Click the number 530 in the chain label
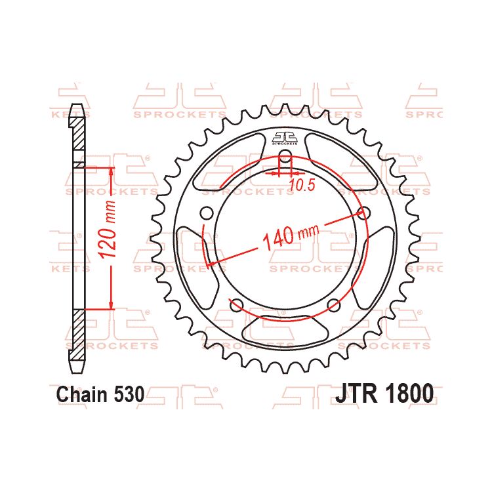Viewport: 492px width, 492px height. click(x=127, y=394)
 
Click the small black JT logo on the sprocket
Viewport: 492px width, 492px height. click(x=285, y=138)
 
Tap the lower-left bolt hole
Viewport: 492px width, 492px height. click(x=237, y=304)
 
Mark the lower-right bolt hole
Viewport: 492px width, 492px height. click(x=333, y=304)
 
